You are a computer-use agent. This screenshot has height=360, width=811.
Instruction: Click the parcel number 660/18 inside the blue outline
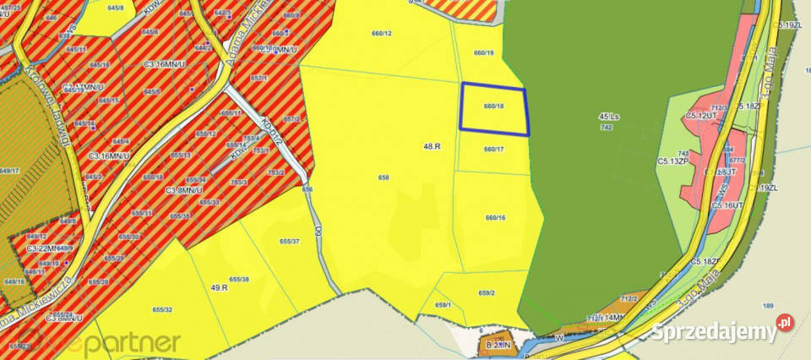(x=494, y=106)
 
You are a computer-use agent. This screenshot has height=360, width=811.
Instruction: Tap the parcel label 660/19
(x=484, y=53)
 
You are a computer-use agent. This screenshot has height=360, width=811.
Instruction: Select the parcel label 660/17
(x=494, y=150)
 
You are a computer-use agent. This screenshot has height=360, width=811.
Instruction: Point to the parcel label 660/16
(x=495, y=218)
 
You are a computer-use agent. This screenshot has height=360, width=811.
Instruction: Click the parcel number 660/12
(x=382, y=33)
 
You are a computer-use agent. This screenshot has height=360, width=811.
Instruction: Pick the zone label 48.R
(x=433, y=146)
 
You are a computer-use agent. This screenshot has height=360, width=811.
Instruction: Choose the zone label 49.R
(x=220, y=287)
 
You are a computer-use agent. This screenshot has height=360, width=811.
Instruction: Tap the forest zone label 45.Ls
(x=608, y=116)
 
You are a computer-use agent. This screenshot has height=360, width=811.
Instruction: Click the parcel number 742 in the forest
(x=606, y=127)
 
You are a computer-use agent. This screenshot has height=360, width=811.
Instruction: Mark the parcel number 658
(x=384, y=177)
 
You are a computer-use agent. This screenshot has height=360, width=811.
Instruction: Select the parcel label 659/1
(x=444, y=305)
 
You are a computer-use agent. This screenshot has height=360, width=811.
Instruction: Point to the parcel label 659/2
(x=487, y=293)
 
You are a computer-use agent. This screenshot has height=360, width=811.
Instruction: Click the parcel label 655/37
(x=290, y=242)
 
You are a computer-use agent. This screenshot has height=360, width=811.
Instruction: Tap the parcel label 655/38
(x=240, y=279)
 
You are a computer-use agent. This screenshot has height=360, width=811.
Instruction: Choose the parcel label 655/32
(x=162, y=311)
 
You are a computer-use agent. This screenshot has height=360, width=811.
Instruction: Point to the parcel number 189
(x=768, y=305)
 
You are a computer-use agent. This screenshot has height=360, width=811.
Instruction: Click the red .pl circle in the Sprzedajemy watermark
(x=786, y=323)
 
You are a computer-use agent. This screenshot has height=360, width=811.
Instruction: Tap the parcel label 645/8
(x=116, y=7)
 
